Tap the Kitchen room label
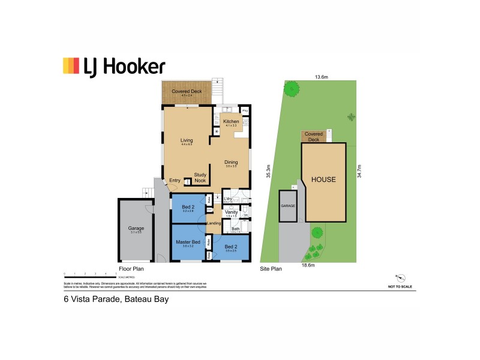click(231, 122)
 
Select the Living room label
click(187, 142)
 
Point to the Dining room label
click(231, 162)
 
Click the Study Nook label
click(200, 178)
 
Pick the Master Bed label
click(187, 242)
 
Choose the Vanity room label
click(231, 212)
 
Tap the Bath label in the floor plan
click(236, 229)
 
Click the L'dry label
click(228, 199)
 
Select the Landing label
click(214, 224)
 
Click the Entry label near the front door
click(175, 181)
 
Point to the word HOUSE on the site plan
click(323, 179)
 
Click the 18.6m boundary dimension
click(309, 265)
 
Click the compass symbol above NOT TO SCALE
click(400, 278)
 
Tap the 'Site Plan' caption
click(271, 269)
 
